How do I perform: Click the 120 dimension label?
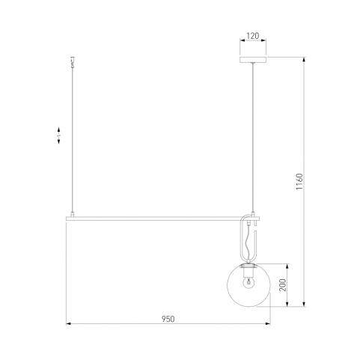[253, 36]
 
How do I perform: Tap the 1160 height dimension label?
[299, 182]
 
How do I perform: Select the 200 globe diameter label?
[283, 285]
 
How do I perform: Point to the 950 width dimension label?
[168, 319]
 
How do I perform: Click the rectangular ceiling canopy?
[253, 60]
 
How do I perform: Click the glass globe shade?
[248, 285]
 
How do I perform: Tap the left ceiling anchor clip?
[73, 62]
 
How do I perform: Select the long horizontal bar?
[162, 219]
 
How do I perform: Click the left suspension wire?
[73, 140]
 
